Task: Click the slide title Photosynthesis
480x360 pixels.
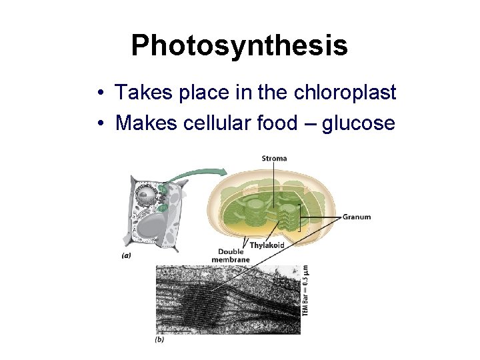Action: tap(239, 45)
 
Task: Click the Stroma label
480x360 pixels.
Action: tap(274, 158)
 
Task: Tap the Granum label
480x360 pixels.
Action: tap(357, 217)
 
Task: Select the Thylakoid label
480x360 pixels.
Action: tap(267, 245)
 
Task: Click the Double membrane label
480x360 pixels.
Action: tap(231, 255)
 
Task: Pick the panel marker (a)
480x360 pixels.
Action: tap(125, 253)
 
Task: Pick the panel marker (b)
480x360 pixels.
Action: tap(159, 339)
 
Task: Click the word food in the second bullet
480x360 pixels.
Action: tap(279, 123)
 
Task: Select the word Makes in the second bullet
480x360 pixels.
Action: tap(144, 123)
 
